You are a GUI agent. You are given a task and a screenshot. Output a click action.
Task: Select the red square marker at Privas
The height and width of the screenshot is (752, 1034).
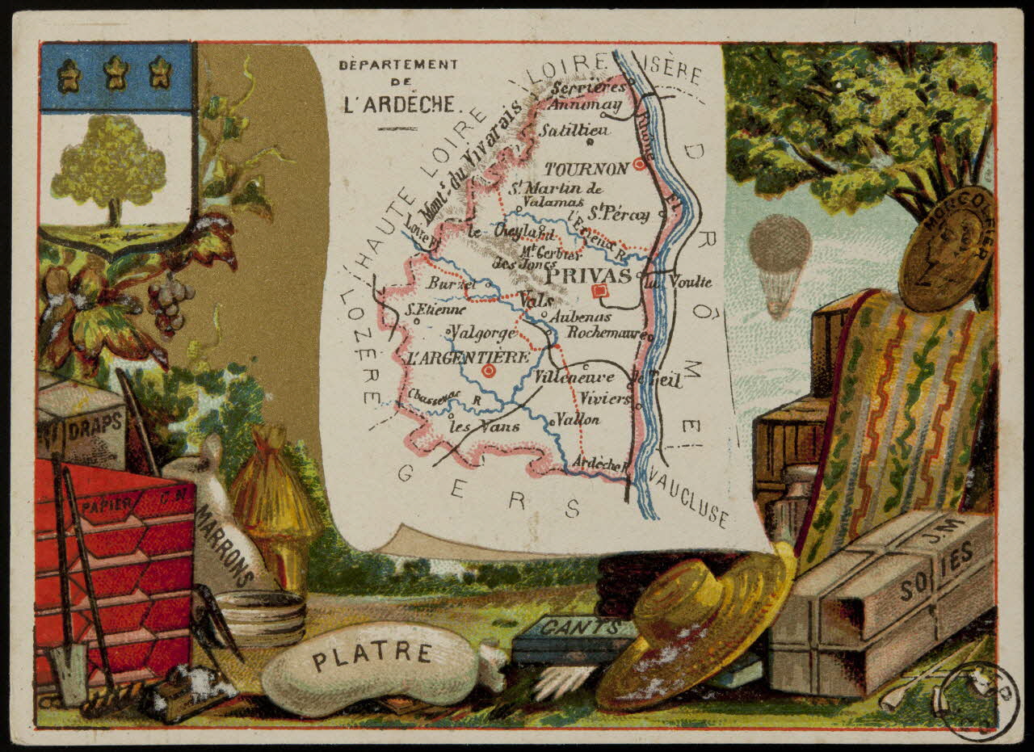pos(599,291)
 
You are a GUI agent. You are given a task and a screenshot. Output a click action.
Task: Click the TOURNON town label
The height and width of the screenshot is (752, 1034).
pos(586,169)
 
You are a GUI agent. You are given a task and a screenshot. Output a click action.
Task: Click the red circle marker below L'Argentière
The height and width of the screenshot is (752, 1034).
pos(488,371)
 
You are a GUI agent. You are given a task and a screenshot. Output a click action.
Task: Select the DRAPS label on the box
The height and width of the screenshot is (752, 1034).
pos(95,426)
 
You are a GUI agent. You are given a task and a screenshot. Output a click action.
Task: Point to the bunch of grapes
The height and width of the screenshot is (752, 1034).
pos(169,302)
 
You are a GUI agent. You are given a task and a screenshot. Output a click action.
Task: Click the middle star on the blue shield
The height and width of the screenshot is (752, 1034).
pos(116,74)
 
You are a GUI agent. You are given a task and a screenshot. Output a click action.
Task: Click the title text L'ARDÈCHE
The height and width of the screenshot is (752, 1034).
pos(398,104)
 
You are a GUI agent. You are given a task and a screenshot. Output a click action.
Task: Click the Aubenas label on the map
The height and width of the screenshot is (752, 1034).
pos(580,317)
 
